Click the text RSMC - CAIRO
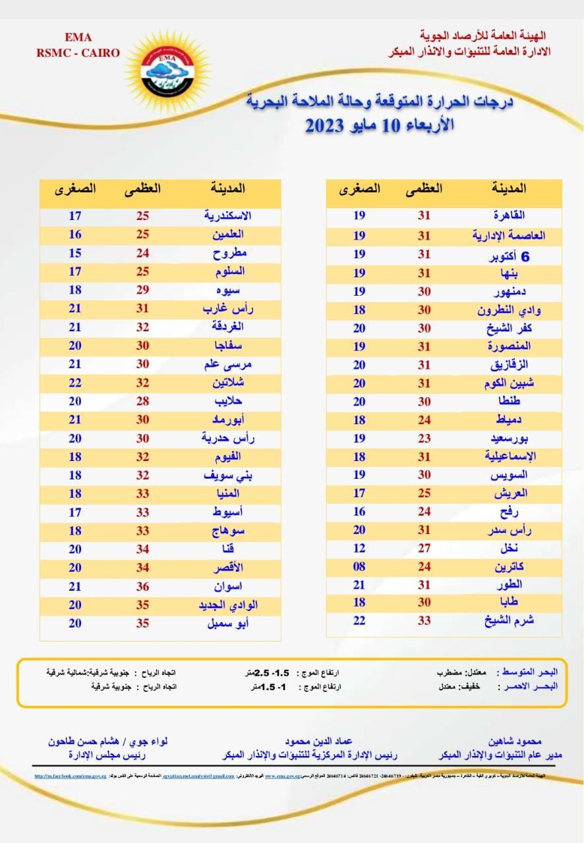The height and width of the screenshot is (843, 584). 78,53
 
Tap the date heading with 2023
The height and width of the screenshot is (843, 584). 379,125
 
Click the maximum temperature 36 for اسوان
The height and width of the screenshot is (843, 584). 142,585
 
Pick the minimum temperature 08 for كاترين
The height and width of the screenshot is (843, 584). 359,566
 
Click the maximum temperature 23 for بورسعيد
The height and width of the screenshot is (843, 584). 424,437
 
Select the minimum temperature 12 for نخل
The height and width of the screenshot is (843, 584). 359,548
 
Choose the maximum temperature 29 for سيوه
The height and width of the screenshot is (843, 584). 142,289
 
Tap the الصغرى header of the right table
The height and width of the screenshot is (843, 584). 360,188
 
